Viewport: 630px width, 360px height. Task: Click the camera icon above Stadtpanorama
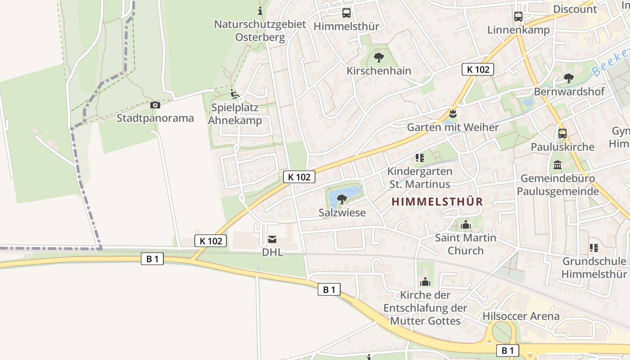[x=155, y=105]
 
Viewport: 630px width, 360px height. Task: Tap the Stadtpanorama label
[x=155, y=118]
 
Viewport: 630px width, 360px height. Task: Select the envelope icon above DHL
[x=272, y=239]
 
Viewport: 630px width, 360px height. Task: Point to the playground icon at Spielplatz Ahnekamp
[x=234, y=94]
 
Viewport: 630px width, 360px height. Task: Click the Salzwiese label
[x=342, y=212]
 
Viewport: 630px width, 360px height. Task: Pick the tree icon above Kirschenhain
[x=379, y=58]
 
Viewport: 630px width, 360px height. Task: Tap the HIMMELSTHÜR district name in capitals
[x=437, y=202]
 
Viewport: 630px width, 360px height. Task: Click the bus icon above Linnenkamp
[x=518, y=17]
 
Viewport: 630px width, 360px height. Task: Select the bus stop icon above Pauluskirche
[x=562, y=134]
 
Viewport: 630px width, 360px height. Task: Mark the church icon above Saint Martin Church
[x=465, y=225]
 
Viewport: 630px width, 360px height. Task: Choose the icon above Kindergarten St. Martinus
[x=420, y=158]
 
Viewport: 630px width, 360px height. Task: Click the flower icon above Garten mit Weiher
[x=453, y=114]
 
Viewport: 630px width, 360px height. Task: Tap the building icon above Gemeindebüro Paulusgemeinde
[x=558, y=165]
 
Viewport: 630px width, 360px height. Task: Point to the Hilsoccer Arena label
[x=521, y=316]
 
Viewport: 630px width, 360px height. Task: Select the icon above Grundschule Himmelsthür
[x=594, y=248]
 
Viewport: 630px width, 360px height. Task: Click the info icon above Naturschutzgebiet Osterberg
[x=260, y=11]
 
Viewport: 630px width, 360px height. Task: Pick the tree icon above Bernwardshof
[x=569, y=78]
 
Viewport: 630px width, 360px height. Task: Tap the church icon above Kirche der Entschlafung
[x=425, y=282]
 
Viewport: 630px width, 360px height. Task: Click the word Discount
[x=575, y=9]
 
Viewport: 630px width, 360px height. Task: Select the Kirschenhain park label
[x=379, y=71]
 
